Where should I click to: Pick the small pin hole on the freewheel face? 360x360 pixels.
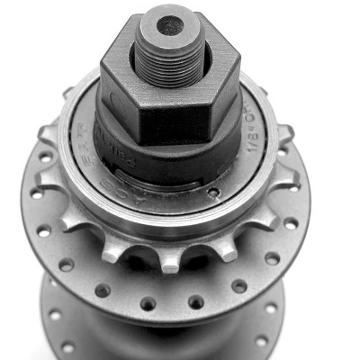coord(213,191)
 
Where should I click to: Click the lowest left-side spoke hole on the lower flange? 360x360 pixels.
coord(67,346)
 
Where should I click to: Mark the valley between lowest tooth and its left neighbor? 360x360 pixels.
coord(142,251)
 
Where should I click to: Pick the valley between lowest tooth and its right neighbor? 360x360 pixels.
coord(198,252)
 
